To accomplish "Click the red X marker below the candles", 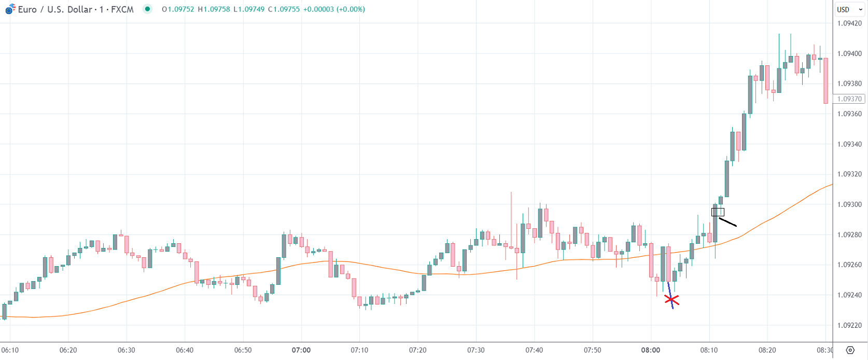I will click(x=671, y=300).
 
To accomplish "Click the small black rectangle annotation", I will click(x=718, y=212).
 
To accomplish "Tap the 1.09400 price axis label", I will click(x=849, y=53).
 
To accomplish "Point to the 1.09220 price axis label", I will click(x=849, y=325).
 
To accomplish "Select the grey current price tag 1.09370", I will click(x=849, y=99).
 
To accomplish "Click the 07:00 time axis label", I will click(x=301, y=350).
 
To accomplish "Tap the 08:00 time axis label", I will click(x=650, y=350).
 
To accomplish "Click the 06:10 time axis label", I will click(x=10, y=350).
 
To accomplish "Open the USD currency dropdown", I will click(x=849, y=9).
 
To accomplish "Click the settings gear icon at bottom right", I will click(x=850, y=350).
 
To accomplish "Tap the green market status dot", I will click(x=148, y=9).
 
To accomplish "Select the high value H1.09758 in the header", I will click(x=214, y=9).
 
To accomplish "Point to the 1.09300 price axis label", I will click(x=849, y=204).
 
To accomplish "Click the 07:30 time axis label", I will click(x=475, y=350).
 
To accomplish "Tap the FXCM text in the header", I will click(x=122, y=9).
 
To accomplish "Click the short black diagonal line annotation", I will click(x=728, y=222).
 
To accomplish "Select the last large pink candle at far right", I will click(x=825, y=80).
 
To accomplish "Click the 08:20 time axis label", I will click(x=767, y=350).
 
